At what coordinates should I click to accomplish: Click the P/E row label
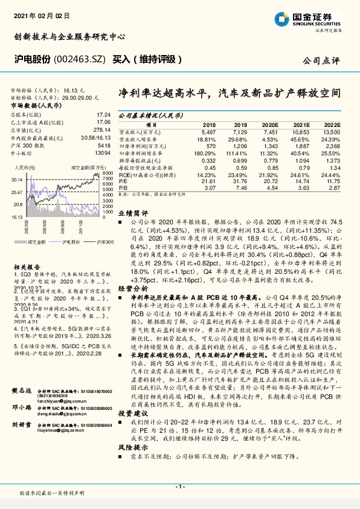pyautogui.click(x=123, y=181)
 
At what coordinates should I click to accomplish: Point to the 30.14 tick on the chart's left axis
pyautogui.click(x=17, y=180)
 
